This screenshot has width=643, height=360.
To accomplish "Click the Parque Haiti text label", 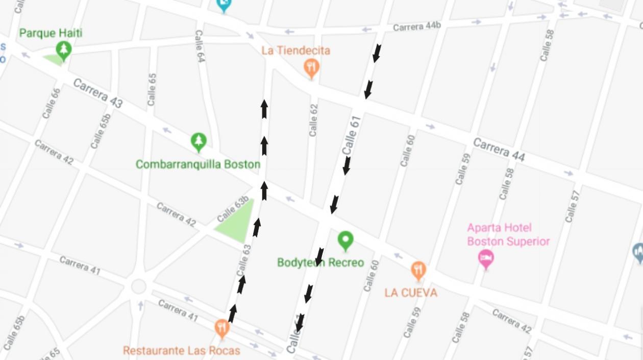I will tap(51, 33).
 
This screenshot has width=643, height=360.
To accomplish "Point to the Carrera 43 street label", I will tap(97, 92).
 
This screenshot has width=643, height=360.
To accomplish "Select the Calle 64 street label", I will tap(200, 46).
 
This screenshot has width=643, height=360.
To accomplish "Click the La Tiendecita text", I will tap(296, 51).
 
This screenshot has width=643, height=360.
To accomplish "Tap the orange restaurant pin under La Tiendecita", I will tap(311, 67).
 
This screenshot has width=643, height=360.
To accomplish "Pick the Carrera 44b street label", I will tap(416, 27).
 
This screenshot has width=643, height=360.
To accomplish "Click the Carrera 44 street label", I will tap(499, 149).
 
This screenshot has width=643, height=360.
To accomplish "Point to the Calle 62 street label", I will tap(313, 120).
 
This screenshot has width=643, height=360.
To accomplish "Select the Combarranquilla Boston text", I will tap(198, 164).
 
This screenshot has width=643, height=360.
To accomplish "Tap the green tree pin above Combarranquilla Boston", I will tap(199, 141).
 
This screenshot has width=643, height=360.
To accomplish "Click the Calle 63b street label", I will tap(233, 208).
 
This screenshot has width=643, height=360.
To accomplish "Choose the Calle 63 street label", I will tap(244, 260).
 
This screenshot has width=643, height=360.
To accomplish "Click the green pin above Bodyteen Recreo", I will tap(345, 240).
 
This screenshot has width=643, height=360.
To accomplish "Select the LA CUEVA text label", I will tap(411, 293).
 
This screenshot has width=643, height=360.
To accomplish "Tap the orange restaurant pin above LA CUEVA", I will tap(418, 270).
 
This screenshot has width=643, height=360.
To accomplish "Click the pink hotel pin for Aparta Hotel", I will tap(486, 258).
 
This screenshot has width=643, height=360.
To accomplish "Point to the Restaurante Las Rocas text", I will tap(181, 351).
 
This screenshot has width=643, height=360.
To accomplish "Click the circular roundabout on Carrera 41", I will tap(139, 286).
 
